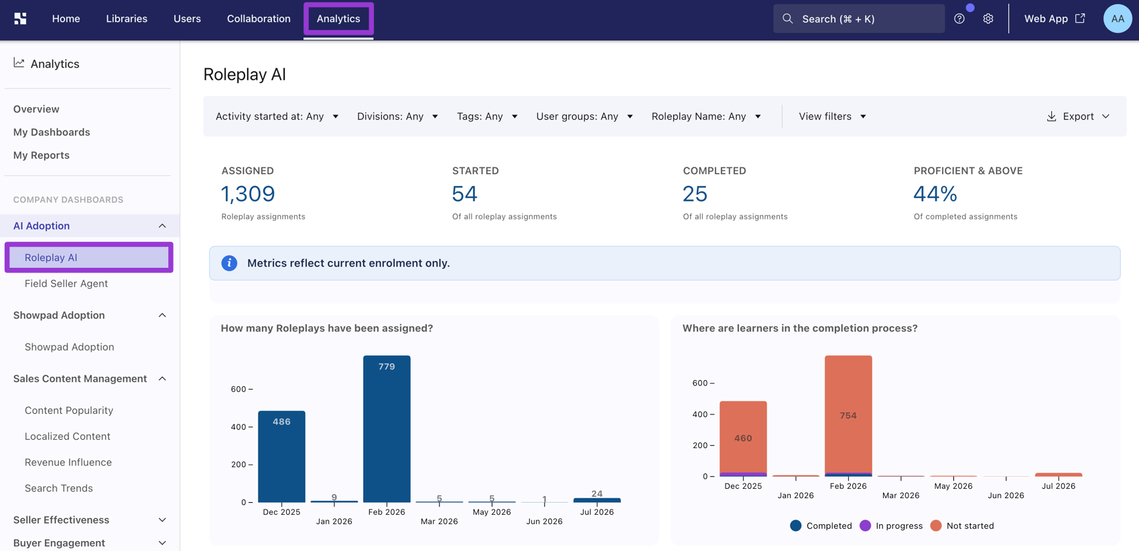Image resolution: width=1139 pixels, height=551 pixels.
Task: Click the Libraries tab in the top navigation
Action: pos(127,19)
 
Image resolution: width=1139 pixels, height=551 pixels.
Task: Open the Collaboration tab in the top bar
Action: pos(259,19)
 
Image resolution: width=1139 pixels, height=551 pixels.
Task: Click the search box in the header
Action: pos(859,19)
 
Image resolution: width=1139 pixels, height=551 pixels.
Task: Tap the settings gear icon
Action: pos(988,19)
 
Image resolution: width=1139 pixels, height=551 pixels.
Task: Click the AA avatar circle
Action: pos(1118,19)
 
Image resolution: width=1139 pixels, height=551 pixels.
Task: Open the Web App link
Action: pos(1055,19)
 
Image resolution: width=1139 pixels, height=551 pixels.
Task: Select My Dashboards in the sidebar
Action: pos(52,132)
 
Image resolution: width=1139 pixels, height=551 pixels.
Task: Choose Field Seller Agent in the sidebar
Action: pos(66,284)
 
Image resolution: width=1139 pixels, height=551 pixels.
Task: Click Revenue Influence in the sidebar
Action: pos(68,462)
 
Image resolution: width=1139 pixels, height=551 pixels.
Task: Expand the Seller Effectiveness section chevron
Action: pos(162,520)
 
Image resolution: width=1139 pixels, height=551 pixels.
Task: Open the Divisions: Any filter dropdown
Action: pos(397,116)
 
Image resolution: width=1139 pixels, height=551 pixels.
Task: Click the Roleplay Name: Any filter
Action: pos(706,116)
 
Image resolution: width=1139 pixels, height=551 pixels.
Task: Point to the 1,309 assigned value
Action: pos(248,193)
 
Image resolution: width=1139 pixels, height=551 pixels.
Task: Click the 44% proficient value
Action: pos(935,193)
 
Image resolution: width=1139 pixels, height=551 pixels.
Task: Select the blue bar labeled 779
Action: pos(387,429)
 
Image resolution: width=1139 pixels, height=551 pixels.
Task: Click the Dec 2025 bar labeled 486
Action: pos(281,457)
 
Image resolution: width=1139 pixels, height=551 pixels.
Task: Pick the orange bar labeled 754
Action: pos(848,414)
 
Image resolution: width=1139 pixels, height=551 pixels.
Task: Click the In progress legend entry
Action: pos(891,526)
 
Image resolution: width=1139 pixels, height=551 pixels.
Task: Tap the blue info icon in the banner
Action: pos(229,263)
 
